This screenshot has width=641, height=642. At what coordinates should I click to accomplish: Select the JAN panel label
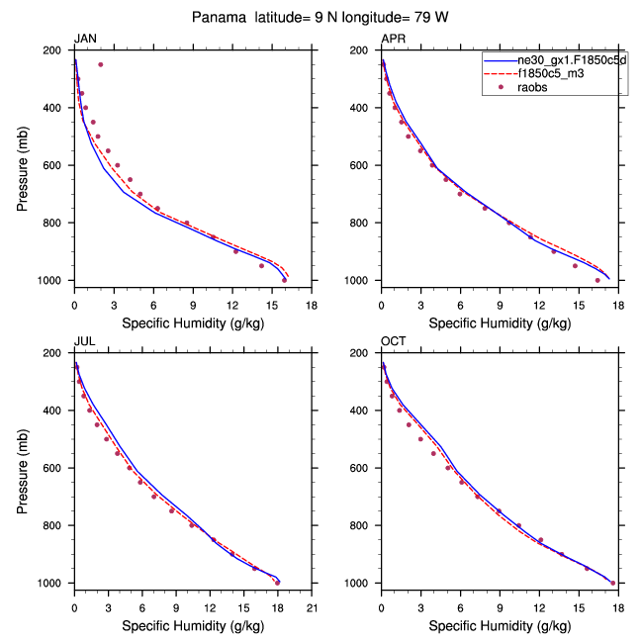[x=86, y=39]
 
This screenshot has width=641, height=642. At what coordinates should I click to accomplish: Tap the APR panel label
[x=393, y=39]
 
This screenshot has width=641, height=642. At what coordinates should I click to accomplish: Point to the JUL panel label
[x=85, y=341]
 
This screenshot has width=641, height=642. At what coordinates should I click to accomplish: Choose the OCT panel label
[x=394, y=341]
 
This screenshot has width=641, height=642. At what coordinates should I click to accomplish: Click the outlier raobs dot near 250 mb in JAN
[x=100, y=64]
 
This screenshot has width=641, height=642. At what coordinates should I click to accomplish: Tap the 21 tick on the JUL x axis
[x=312, y=598]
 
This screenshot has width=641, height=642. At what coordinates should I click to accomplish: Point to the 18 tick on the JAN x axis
[x=312, y=296]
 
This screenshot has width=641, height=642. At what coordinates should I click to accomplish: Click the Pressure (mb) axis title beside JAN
[x=23, y=165]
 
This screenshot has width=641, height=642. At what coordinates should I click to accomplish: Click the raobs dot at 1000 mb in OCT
[x=612, y=583]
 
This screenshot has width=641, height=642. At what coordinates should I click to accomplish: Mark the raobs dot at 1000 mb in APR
[x=597, y=280]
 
